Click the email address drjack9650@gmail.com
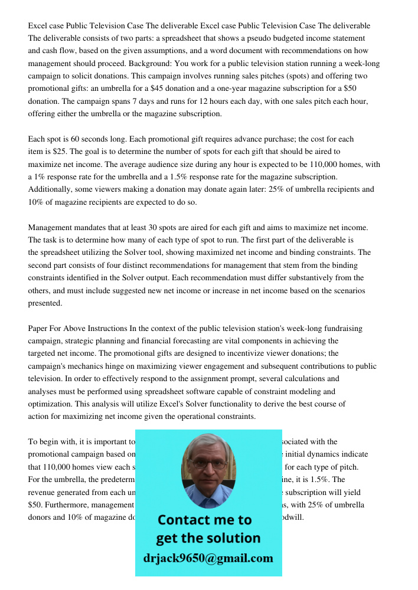[208, 558]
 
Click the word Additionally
[51, 189]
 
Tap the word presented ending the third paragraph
[45, 303]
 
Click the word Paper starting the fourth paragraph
[40, 328]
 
